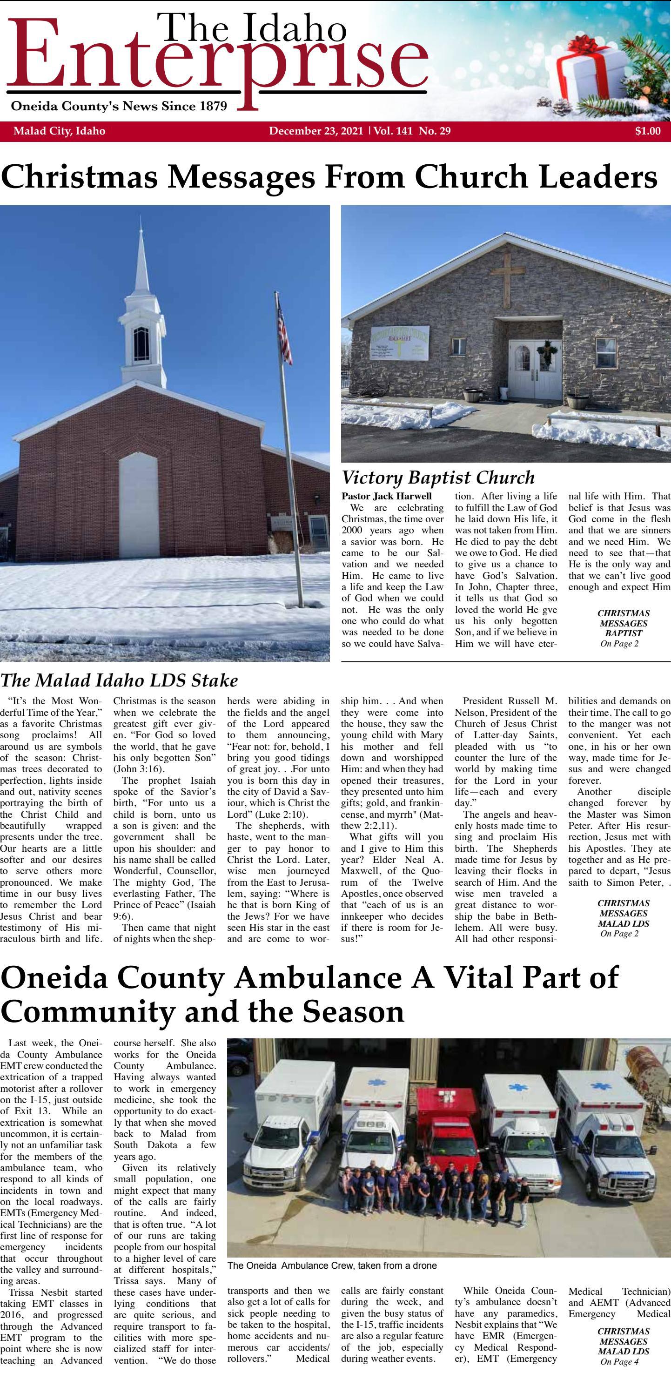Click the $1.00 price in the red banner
coord(647,131)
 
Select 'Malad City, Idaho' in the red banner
coord(59,131)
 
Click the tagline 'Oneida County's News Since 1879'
coord(119,106)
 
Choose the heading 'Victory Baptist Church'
coord(438,478)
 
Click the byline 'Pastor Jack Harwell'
coord(387,496)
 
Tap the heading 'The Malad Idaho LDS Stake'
coord(119,680)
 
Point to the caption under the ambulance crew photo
coord(332,1266)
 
